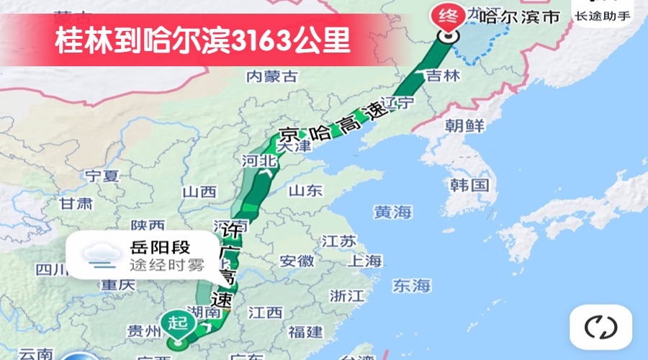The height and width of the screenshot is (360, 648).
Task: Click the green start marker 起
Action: [178, 323]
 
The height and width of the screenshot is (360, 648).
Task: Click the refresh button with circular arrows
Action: [600, 328]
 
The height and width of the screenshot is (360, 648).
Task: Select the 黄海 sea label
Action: [392, 212]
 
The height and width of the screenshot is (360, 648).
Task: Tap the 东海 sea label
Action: [412, 285]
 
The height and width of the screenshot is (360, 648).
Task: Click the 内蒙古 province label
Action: [271, 76]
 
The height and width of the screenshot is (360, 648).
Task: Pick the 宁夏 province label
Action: [101, 175]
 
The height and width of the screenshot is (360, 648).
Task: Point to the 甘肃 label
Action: [76, 203]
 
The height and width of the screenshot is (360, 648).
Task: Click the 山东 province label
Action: [305, 191]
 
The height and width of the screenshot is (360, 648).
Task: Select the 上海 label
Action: [364, 261]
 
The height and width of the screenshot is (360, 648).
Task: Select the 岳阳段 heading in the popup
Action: [160, 248]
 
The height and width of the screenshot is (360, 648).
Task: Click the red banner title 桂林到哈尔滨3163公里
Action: [203, 41]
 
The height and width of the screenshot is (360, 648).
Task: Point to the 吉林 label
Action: [442, 75]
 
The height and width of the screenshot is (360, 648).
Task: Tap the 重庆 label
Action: [118, 284]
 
